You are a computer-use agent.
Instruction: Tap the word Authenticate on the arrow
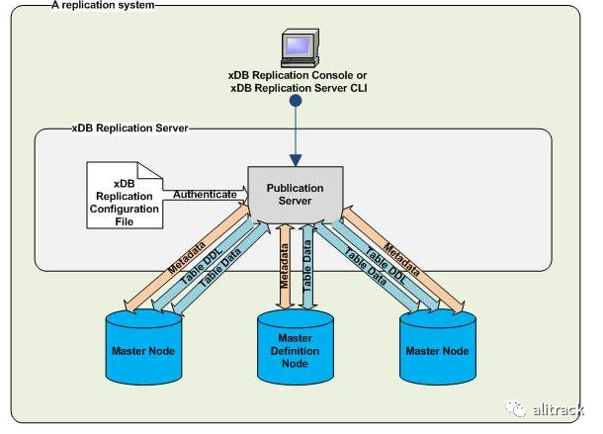tap(205, 195)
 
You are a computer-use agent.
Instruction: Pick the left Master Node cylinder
tap(142, 347)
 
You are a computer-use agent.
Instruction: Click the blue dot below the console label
tap(294, 101)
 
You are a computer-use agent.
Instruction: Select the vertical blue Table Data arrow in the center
tap(308, 265)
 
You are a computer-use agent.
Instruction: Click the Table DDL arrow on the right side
tap(388, 259)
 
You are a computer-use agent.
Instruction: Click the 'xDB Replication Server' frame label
tap(129, 128)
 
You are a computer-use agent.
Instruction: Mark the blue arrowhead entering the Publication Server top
tap(294, 160)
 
